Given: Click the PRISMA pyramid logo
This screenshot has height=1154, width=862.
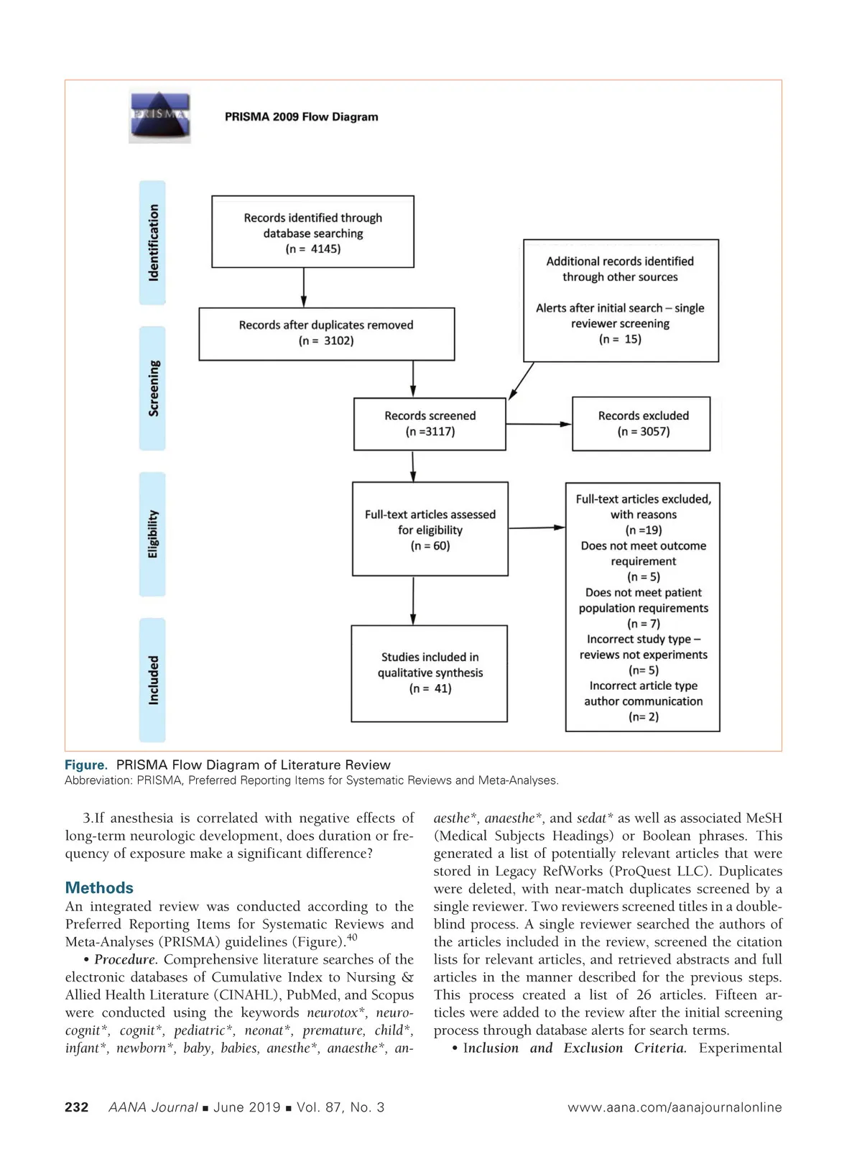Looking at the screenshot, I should point(159,116).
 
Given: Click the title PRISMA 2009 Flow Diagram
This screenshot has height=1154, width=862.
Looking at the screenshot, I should point(301,116).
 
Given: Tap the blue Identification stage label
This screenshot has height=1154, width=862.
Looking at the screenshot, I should point(152,242).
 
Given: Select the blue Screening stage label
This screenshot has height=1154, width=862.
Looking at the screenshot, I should point(152,388).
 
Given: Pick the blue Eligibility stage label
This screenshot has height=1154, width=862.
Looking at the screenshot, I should point(152,534).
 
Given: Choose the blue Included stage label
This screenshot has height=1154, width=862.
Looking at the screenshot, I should point(152,680).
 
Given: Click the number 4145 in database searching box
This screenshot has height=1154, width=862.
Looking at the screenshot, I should point(325,249).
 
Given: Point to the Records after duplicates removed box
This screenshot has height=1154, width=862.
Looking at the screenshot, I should point(326,333).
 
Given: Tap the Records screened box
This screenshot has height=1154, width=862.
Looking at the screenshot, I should point(430,424).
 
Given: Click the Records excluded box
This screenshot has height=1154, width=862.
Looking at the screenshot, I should point(641,424).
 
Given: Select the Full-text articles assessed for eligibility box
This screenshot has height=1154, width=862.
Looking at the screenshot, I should point(430,529).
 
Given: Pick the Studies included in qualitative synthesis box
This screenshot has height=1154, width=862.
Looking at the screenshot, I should point(430,673).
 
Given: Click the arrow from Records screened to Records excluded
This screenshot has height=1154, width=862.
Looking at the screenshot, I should point(539,424).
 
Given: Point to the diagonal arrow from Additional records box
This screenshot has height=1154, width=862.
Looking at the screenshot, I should point(522,381).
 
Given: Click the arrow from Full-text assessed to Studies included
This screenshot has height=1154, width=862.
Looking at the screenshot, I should point(413,600).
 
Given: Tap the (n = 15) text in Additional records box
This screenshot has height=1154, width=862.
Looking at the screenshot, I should point(620,339).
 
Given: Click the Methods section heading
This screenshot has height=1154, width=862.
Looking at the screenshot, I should point(99,887).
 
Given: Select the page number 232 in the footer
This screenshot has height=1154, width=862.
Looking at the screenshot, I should point(77,1107).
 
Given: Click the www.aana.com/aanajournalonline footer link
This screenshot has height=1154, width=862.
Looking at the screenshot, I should point(675,1107).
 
